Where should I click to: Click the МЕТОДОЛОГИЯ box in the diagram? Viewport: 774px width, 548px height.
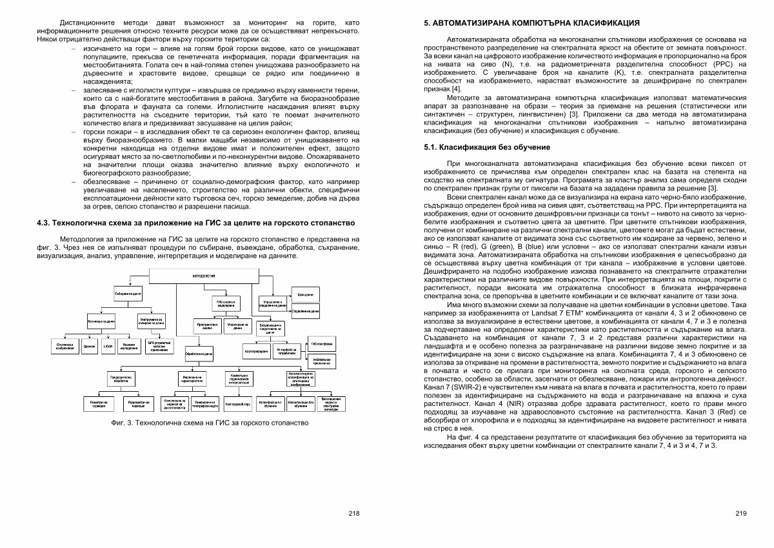click(203, 276)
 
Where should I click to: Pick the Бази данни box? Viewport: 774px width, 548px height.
click(305, 295)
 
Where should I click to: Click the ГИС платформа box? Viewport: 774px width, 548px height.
click(322, 344)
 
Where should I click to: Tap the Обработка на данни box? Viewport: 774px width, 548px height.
click(199, 354)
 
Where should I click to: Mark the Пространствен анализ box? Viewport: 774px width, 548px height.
click(208, 326)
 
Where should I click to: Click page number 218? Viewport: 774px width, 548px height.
click(353, 514)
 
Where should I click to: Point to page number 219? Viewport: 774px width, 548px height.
click(740, 514)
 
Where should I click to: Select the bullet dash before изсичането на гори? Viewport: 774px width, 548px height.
click(74, 49)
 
